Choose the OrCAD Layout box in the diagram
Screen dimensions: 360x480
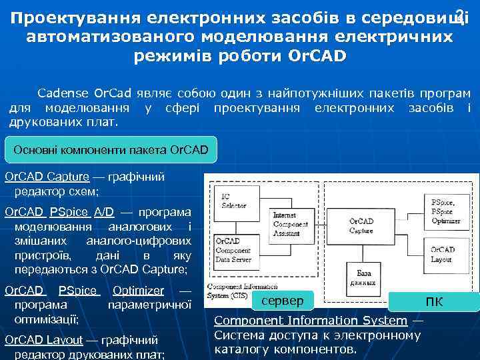coord(444,254)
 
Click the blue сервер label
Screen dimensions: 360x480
coord(291,301)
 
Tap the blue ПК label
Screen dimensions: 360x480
coord(433,302)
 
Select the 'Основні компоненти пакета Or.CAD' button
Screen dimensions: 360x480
coord(111,150)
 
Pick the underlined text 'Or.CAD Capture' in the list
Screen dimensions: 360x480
coord(47,177)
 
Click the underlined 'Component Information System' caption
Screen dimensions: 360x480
coord(310,321)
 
